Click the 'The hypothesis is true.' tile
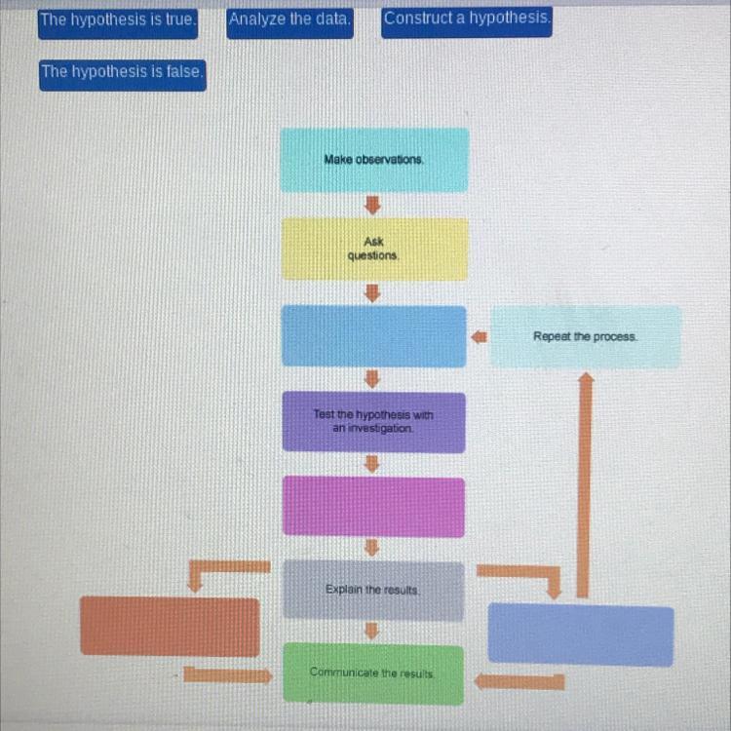pos(118,20)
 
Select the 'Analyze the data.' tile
pos(290,20)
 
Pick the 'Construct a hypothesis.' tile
pos(467,19)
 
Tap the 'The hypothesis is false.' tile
pos(123,72)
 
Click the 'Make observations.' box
pos(374,160)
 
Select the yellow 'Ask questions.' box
pos(374,249)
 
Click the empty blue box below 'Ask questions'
pos(374,336)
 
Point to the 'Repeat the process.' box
pos(585,336)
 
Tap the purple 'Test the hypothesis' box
pos(374,421)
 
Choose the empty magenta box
pos(374,506)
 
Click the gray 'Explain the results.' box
pos(374,590)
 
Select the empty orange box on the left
pos(170,626)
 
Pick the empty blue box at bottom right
pos(580,635)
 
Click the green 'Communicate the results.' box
pos(374,673)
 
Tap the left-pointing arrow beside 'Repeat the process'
pos(479,336)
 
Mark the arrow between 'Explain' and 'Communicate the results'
pos(371,633)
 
